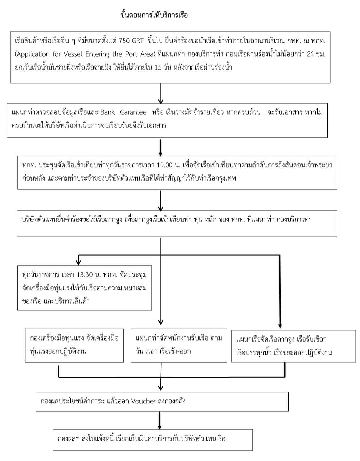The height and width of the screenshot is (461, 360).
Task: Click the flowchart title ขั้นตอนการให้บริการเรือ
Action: [154, 15]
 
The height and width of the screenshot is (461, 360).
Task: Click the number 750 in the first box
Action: [125, 42]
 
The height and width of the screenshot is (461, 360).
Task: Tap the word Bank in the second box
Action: [108, 112]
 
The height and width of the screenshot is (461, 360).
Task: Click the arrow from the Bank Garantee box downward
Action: [161, 147]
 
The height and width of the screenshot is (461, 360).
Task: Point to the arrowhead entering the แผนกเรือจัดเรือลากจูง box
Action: [280, 326]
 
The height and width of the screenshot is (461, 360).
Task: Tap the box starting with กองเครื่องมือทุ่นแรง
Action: [74, 345]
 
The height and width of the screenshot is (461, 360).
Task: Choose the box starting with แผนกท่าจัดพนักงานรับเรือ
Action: [179, 345]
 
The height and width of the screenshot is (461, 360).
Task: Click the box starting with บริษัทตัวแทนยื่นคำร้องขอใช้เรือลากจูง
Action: [176, 223]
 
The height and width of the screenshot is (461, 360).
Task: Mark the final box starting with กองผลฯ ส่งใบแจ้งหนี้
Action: [153, 440]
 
